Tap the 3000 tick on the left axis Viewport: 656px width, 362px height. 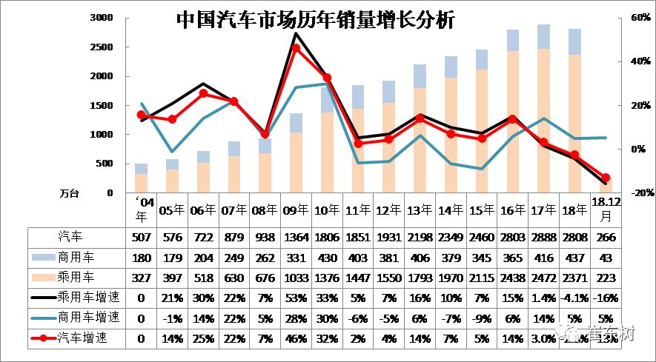click(x=101, y=18)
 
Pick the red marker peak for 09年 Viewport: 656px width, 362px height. click(x=296, y=48)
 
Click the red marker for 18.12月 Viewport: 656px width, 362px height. click(x=605, y=178)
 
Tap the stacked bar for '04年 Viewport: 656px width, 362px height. click(x=141, y=178)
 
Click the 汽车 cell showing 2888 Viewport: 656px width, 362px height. click(x=543, y=238)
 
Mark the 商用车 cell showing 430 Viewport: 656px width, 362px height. click(x=327, y=258)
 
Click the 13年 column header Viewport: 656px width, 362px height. click(x=420, y=210)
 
